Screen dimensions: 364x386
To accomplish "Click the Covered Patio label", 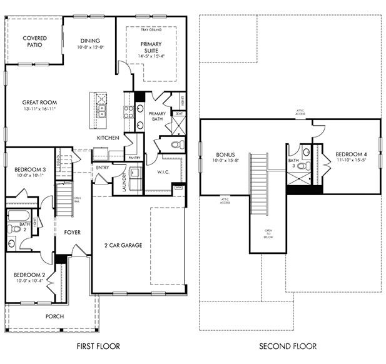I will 35,42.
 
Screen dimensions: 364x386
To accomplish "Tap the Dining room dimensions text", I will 90,48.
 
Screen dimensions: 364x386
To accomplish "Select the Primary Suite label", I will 150,48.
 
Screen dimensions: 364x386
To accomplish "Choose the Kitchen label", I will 108,138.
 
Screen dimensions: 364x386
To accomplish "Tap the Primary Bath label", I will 157,117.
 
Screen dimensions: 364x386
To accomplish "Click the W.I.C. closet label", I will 164,172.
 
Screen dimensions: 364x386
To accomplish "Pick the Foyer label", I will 73,232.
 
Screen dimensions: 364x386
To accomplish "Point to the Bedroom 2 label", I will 30,275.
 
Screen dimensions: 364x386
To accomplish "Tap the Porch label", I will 54,316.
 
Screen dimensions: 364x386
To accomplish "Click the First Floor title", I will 98,346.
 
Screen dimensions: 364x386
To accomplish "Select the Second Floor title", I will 288,346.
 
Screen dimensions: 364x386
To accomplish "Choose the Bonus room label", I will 225,154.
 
